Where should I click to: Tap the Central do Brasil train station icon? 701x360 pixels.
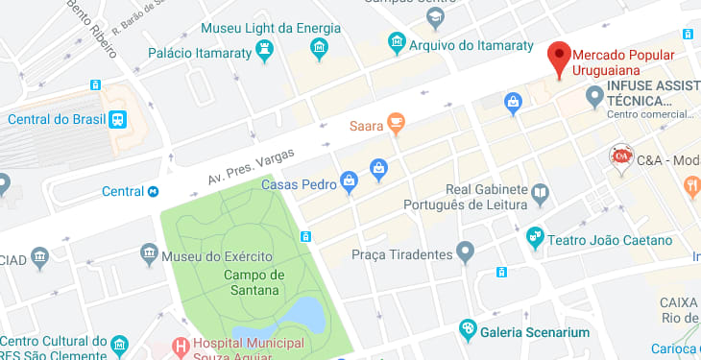pos(117,119)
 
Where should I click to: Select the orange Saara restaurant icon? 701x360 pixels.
pos(395,124)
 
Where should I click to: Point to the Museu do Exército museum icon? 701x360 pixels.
pos(149,254)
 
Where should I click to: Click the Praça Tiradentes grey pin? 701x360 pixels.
pos(467,253)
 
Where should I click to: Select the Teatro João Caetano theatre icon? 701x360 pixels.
pos(536,234)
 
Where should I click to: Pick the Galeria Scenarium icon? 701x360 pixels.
pos(468,330)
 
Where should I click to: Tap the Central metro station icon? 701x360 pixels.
pos(152,191)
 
